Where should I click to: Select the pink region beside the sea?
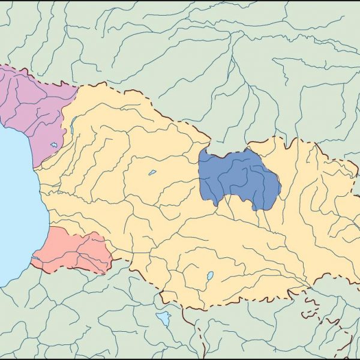click(x=72, y=249)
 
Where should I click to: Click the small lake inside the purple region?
click(x=54, y=145)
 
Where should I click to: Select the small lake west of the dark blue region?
click(x=152, y=173)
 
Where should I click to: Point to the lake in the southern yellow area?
click(x=209, y=277)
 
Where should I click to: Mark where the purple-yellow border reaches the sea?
click(x=35, y=167)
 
